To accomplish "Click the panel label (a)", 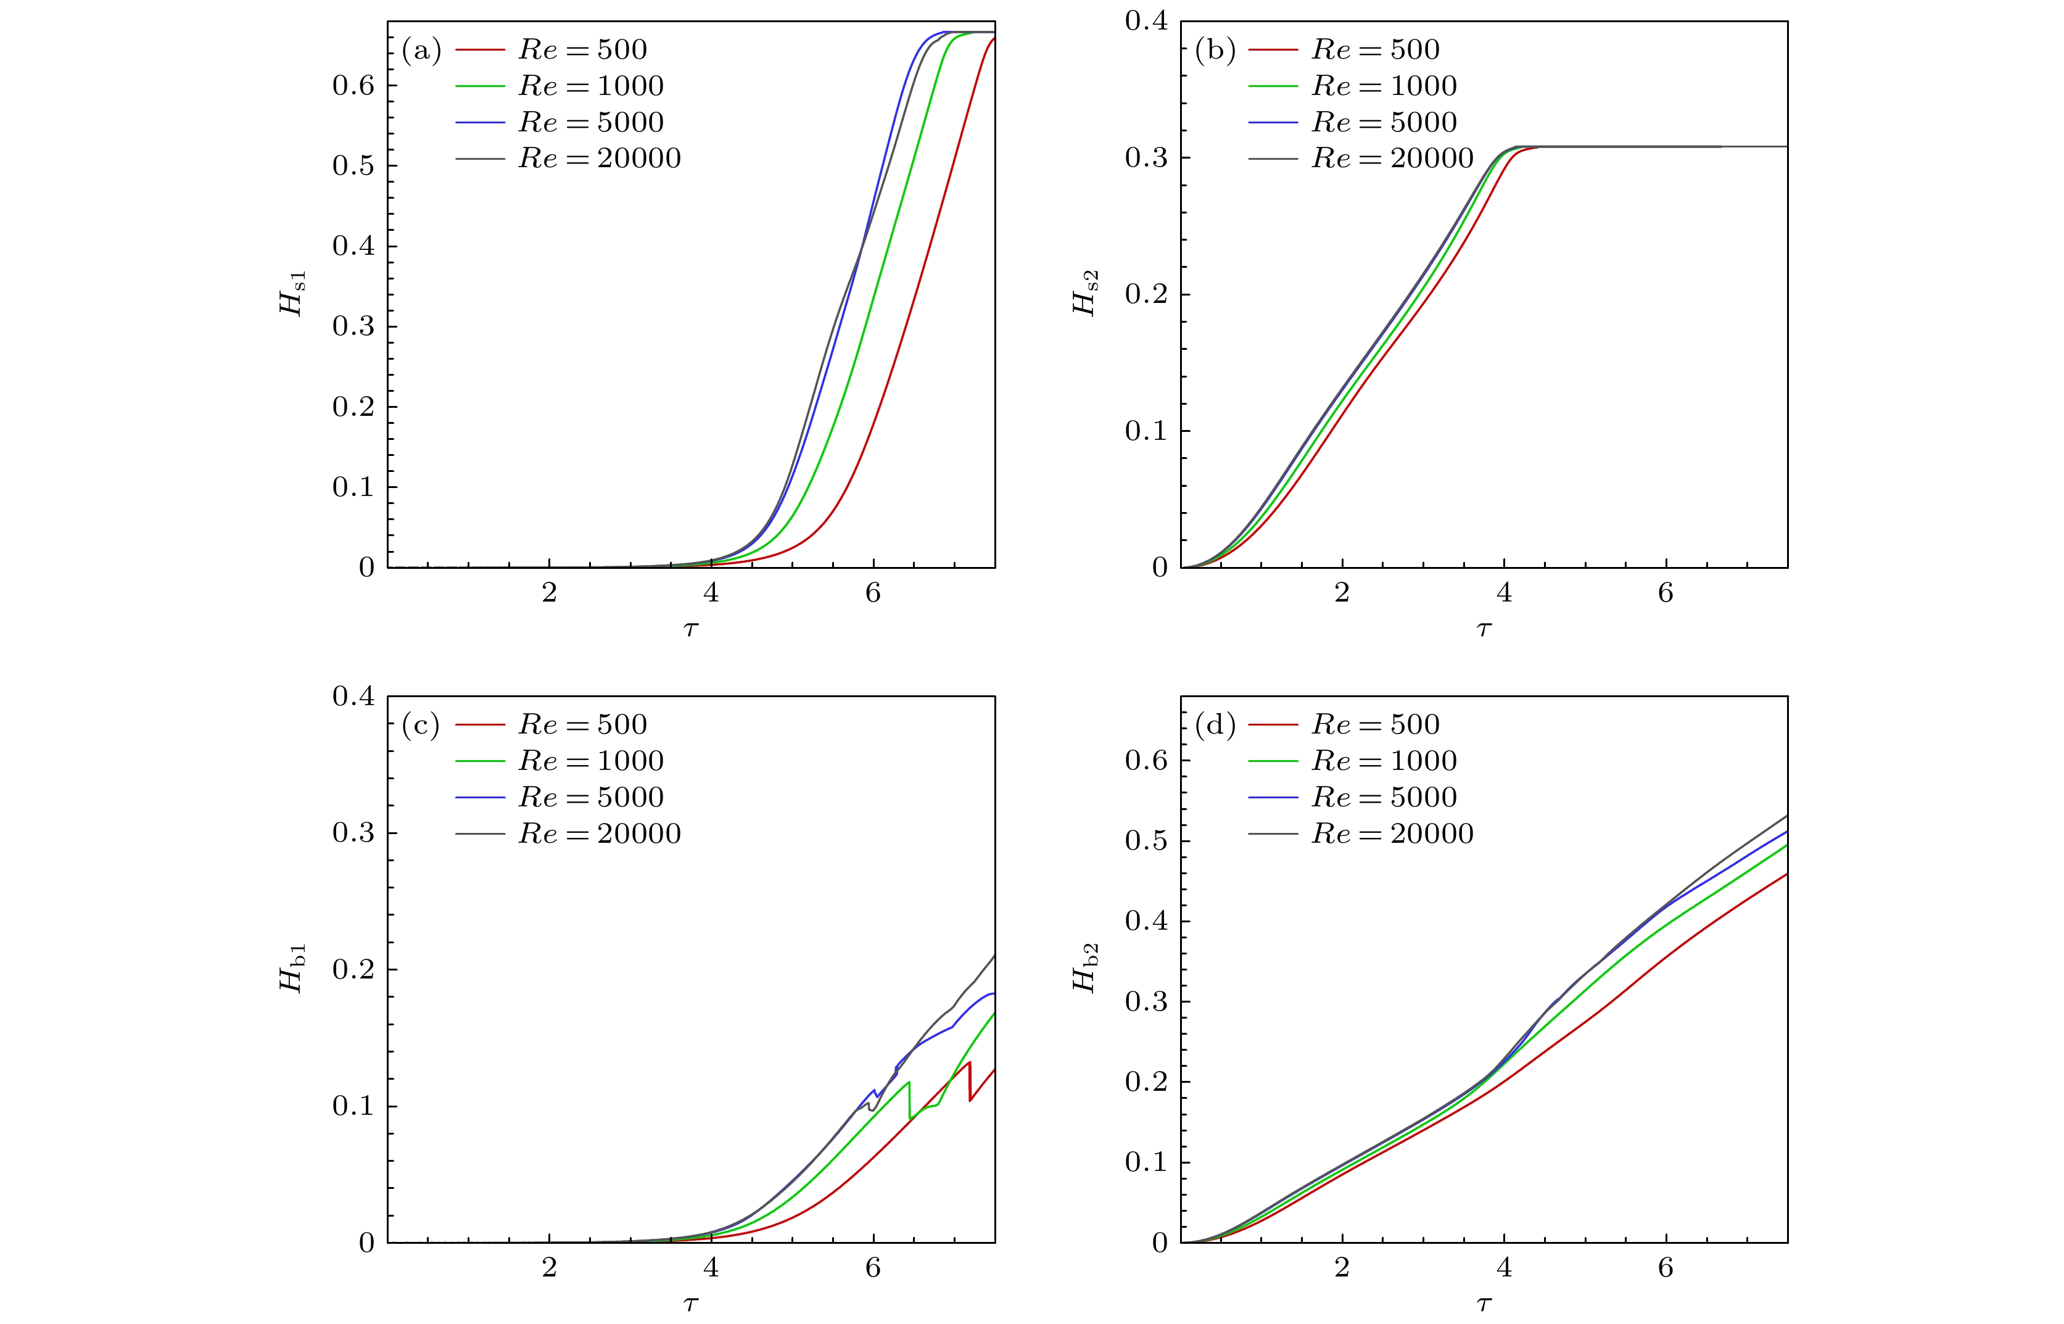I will click(x=421, y=51).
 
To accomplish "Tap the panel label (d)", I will click(x=1215, y=726).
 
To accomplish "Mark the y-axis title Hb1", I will click(x=293, y=968).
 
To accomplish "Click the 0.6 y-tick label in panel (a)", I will click(x=353, y=85).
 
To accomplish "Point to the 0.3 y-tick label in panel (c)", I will click(x=353, y=833).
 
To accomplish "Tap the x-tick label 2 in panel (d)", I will click(x=1342, y=1268).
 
